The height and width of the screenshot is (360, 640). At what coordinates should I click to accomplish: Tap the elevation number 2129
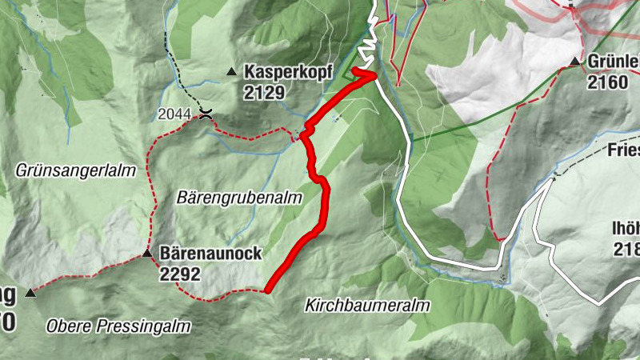tap(265, 92)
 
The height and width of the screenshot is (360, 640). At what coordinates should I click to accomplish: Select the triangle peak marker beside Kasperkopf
tap(232, 72)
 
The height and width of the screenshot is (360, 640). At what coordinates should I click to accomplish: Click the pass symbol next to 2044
tap(206, 114)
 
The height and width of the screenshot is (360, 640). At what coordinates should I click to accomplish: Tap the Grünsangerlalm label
tap(75, 170)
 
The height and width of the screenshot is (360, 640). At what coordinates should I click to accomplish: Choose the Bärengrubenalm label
tap(240, 196)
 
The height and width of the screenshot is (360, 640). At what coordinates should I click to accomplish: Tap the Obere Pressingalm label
tap(118, 326)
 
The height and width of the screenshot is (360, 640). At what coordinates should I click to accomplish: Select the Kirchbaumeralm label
tap(367, 306)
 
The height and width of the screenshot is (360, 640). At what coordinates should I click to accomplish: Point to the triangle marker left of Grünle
tap(574, 62)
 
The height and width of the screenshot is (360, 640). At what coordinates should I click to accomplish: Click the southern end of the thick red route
tap(267, 289)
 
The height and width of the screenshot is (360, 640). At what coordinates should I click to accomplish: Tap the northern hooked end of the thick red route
tap(354, 71)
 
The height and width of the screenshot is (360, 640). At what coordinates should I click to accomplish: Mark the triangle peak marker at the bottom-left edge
tap(30, 293)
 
